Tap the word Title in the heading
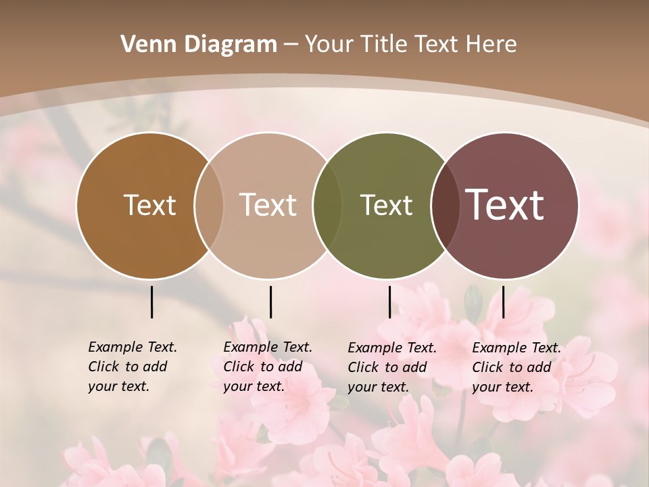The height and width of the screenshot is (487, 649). pyautogui.click(x=383, y=45)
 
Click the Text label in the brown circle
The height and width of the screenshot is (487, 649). pyautogui.click(x=149, y=205)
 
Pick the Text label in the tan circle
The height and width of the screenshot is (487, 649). pyautogui.click(x=268, y=205)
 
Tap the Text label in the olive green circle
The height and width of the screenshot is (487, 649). pyautogui.click(x=386, y=205)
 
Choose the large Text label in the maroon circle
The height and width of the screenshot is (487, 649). pyautogui.click(x=505, y=205)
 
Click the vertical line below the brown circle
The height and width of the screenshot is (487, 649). pyautogui.click(x=151, y=302)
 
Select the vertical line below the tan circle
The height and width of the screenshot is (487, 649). pyautogui.click(x=270, y=302)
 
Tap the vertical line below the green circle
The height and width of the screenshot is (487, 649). pyautogui.click(x=389, y=302)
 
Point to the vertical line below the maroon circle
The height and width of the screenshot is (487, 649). pyautogui.click(x=503, y=302)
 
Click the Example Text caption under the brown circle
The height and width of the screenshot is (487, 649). pyautogui.click(x=133, y=367)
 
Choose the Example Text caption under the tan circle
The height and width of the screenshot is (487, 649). pyautogui.click(x=268, y=367)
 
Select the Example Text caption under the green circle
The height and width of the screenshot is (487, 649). pyautogui.click(x=392, y=367)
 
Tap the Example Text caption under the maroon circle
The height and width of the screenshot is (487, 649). pyautogui.click(x=516, y=367)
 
